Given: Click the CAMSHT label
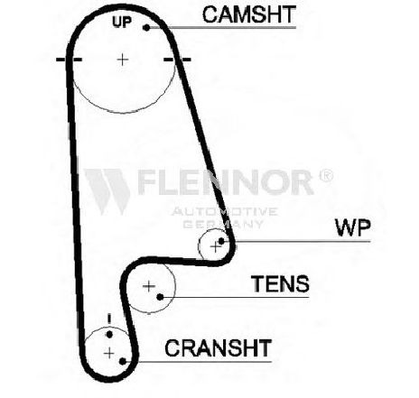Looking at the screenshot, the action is (x=249, y=14).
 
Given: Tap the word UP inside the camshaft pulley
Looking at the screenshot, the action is (x=122, y=22).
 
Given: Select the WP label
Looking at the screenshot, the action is (x=352, y=227).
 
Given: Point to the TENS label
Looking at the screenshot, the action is (x=280, y=283).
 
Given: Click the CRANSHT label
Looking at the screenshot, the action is (x=219, y=347).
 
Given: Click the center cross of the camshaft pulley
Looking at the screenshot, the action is (x=123, y=60).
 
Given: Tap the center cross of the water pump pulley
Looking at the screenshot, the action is (x=215, y=247).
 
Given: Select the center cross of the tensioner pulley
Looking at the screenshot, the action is (x=149, y=286).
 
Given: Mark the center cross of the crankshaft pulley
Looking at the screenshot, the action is (x=109, y=353).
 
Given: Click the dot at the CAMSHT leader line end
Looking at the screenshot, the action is (x=146, y=28).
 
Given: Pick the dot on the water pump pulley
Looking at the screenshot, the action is (x=221, y=241).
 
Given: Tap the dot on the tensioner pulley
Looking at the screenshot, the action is (x=160, y=297).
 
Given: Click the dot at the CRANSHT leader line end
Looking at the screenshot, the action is (x=123, y=361).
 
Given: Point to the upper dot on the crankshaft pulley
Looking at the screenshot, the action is (x=109, y=334).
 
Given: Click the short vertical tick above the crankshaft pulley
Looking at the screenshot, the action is (x=109, y=319).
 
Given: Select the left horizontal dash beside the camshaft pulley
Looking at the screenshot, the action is (x=69, y=60).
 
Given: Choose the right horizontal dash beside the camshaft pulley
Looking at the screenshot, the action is (x=177, y=60).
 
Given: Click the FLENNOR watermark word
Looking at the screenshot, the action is (x=226, y=182).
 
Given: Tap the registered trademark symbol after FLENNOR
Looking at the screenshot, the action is (x=326, y=175).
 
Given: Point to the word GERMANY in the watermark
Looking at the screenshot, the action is (x=223, y=224).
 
